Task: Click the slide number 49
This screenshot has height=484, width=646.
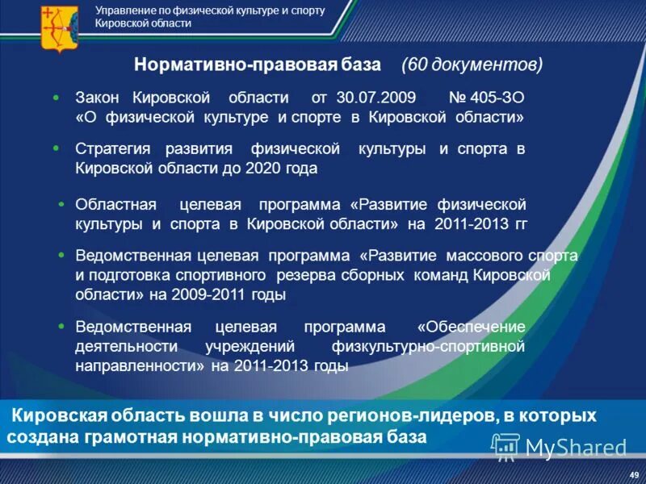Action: tap(634, 474)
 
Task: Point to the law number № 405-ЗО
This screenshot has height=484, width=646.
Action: tap(486, 98)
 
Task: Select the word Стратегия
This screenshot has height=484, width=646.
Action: tap(114, 149)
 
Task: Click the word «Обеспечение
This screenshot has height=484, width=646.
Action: tap(471, 327)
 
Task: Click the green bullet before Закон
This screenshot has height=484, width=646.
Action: tap(56, 97)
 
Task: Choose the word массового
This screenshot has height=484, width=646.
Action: tap(480, 257)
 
